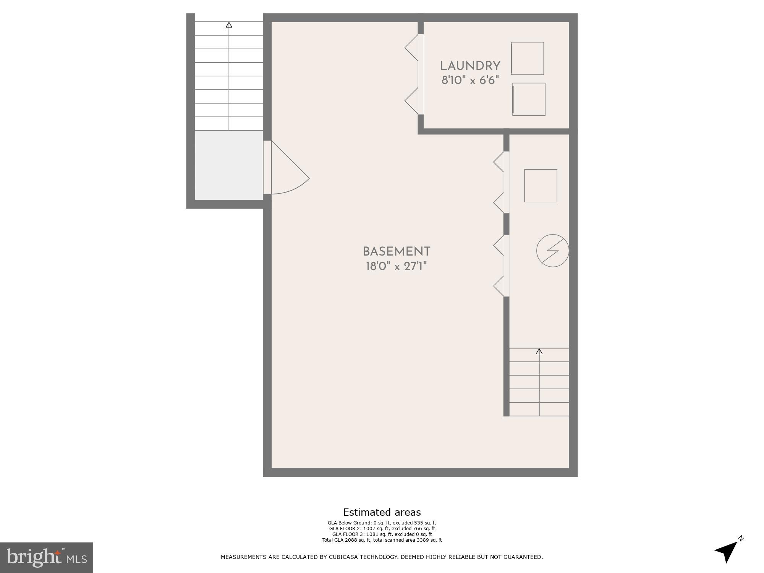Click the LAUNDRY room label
470,66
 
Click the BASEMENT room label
396,252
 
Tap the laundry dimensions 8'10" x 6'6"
470,81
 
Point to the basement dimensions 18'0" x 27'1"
396,266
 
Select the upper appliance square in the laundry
527,58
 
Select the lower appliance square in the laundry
529,99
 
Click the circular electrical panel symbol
552,251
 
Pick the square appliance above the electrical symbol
541,186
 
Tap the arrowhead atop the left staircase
229,25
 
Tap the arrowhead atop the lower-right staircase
539,351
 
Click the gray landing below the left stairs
229,165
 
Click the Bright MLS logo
47,557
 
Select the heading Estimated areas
382,512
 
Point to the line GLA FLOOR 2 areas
382,529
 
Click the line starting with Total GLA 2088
382,540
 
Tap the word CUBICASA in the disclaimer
345,557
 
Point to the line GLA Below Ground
382,523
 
